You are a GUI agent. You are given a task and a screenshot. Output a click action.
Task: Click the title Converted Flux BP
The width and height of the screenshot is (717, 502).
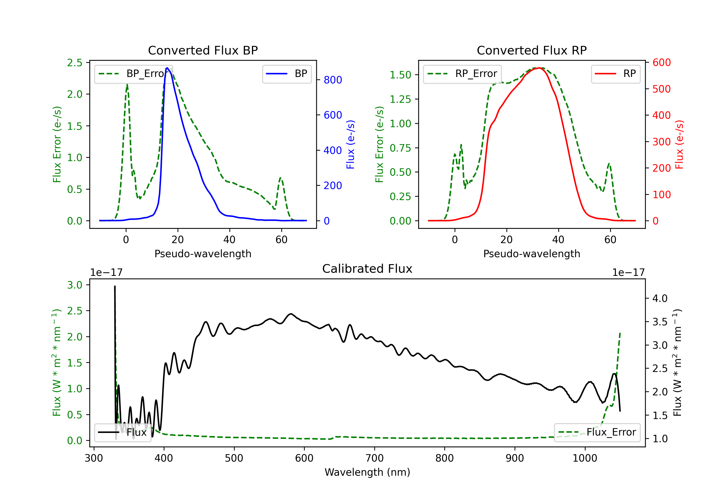coord(203,50)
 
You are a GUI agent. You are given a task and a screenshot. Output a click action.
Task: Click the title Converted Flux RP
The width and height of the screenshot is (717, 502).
coord(532,50)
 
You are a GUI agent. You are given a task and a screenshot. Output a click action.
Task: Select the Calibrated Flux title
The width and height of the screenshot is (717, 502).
coord(367,269)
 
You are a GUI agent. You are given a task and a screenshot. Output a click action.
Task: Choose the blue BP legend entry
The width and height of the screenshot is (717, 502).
coord(287,74)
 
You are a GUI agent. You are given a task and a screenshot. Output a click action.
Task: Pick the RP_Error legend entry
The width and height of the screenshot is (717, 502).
coord(462,74)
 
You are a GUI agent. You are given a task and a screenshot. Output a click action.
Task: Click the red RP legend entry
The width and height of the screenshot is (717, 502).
coord(615,74)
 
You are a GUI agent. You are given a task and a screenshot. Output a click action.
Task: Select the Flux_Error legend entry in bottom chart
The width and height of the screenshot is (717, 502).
coord(597,432)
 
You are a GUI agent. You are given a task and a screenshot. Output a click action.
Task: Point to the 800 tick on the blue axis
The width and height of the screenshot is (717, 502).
coord(333,80)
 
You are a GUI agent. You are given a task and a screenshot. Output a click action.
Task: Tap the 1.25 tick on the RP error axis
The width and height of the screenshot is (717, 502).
coord(400,99)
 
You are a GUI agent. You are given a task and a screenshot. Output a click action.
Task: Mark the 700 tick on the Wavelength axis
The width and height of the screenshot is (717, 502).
coord(375,458)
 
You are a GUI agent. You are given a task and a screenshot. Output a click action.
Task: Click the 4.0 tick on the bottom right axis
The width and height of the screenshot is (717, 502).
coord(660,298)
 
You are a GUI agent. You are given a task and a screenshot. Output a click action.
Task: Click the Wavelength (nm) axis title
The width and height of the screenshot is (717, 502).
coord(367,472)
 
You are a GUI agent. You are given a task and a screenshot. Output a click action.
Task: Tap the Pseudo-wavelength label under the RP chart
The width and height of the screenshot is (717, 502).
coord(532,254)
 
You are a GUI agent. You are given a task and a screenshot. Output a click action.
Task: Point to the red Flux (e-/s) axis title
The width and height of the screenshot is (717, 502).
coord(679,145)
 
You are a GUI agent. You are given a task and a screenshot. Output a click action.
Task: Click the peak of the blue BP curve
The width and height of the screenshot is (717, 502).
coord(167,68)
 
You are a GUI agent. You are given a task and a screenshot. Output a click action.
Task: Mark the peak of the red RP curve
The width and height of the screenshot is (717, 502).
coord(539,68)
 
